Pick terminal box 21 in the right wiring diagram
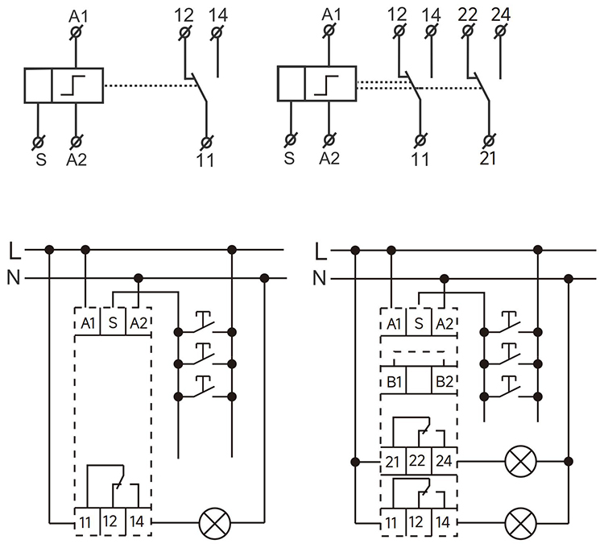pos(392,462)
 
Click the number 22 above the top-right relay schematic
pos(466,14)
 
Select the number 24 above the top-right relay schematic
pos(500,14)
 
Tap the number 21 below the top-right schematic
pos(488,159)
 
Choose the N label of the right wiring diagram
pos(320,279)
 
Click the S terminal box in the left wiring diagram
pos(114,323)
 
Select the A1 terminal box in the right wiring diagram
pos(393,323)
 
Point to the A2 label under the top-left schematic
pos(77,159)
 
